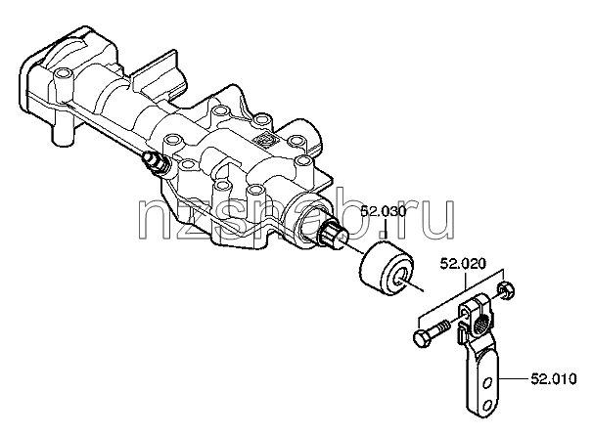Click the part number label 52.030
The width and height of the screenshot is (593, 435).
point(384,212)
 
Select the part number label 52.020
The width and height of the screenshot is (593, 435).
point(463,264)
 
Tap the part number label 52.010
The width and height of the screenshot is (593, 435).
point(554,378)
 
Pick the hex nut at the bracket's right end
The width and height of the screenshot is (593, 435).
point(506,290)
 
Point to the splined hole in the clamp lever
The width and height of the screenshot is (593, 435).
point(483,324)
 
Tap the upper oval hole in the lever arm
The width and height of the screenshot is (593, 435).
point(488,383)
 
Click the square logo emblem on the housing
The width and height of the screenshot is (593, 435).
point(266,141)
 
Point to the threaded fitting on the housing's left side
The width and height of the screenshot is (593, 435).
point(155,163)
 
